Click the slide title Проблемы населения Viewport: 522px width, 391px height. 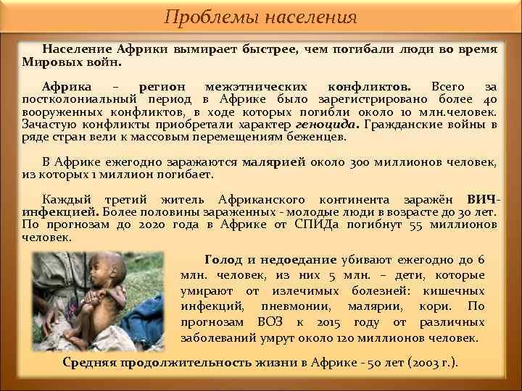click(x=260, y=17)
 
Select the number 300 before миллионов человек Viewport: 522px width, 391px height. click(x=362, y=162)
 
